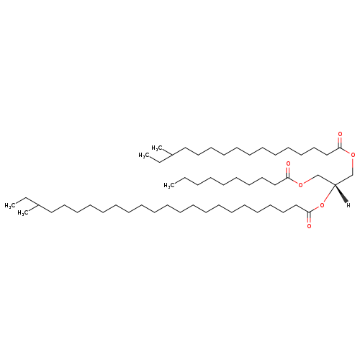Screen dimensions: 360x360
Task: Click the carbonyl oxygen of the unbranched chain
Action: click(288, 164)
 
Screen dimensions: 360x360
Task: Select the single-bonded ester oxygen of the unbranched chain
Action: click(300, 185)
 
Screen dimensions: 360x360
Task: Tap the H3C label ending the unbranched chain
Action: click(169, 185)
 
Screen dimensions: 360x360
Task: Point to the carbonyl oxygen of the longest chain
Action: click(309, 226)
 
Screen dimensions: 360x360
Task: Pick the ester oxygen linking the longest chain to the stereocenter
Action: click(322, 205)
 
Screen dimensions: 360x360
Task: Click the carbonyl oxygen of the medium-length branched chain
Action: click(340, 134)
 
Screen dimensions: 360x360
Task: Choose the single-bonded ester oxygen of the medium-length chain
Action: click(353, 155)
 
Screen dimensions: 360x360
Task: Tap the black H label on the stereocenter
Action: click(348, 205)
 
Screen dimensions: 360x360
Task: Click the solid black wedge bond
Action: click(341, 194)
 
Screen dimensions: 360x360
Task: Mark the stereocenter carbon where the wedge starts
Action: click(335, 185)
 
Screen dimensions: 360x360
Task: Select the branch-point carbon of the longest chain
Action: click(39, 205)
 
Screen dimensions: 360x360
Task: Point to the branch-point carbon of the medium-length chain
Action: click(173, 155)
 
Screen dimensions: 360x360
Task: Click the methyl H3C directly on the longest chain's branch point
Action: click(23, 212)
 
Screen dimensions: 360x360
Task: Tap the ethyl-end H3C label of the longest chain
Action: click(10, 206)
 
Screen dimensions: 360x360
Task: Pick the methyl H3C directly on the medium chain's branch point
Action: click(157, 148)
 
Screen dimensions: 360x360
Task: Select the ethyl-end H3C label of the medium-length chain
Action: click(144, 156)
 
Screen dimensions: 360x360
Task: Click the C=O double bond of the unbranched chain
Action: click(288, 172)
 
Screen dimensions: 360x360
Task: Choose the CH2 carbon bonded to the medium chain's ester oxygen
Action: click(353, 175)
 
